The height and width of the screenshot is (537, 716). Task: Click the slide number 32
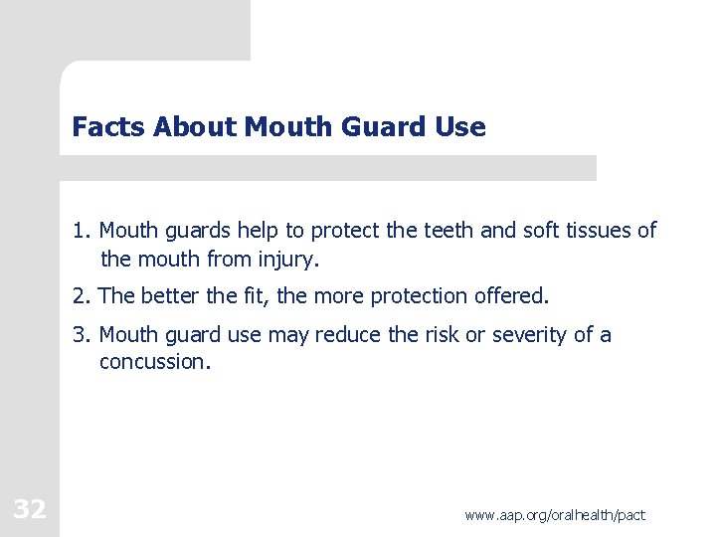click(30, 510)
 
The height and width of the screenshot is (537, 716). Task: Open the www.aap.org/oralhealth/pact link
click(555, 515)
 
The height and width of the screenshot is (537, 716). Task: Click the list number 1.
click(80, 232)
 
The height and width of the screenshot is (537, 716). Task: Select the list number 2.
click(80, 296)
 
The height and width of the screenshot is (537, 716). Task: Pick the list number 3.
click(80, 335)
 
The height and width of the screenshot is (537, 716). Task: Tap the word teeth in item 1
click(451, 232)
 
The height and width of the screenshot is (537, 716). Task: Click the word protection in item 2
click(418, 296)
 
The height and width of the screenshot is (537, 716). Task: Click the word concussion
click(154, 362)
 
